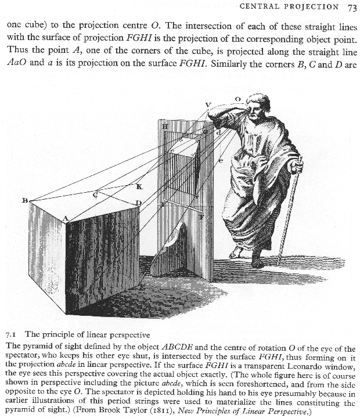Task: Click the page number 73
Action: point(352,8)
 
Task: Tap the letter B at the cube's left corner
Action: point(25,200)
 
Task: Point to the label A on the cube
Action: point(66,218)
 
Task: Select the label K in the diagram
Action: point(139,186)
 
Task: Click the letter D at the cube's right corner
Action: point(138,203)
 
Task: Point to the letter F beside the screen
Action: point(201,217)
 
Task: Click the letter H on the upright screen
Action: point(165,126)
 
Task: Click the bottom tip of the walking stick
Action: point(279,264)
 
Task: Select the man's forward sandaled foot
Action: point(235,254)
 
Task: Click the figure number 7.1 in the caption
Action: point(12,334)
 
